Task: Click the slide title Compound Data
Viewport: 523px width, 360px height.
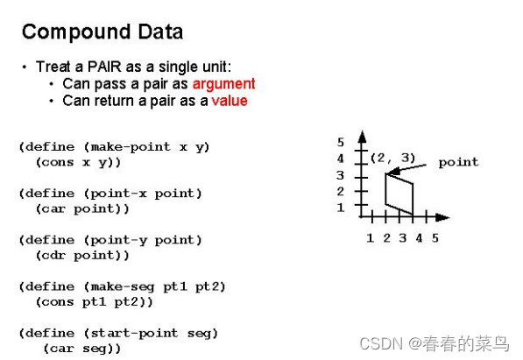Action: [x=102, y=32]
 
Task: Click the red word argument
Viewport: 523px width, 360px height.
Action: [x=223, y=84]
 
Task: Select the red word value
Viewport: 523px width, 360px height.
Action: [x=230, y=101]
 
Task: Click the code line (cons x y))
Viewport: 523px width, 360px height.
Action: [x=78, y=162]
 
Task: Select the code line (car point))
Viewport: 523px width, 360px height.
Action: [x=82, y=208]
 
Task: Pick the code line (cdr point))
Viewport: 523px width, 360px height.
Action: [x=82, y=255]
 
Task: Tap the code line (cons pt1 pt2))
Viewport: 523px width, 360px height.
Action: [x=95, y=301]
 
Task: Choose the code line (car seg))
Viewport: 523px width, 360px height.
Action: [x=81, y=348]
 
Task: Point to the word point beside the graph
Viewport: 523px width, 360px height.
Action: [x=458, y=162]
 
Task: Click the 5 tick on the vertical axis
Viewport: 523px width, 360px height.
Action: [x=341, y=142]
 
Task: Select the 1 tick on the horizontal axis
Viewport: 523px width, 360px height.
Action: [x=370, y=237]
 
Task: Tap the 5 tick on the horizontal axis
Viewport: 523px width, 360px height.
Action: [x=435, y=237]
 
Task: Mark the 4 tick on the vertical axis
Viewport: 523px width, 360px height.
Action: [x=341, y=159]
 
